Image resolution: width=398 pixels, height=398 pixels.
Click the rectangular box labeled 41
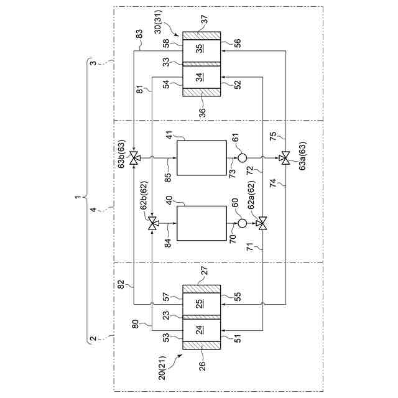point(201,158)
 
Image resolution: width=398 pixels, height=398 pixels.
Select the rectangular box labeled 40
point(201,223)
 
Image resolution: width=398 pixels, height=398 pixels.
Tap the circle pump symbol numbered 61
point(243,158)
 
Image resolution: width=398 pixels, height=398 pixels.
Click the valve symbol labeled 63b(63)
point(135,158)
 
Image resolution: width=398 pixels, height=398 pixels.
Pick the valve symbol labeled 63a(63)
point(285,158)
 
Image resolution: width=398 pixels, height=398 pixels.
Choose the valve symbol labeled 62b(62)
point(152,223)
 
